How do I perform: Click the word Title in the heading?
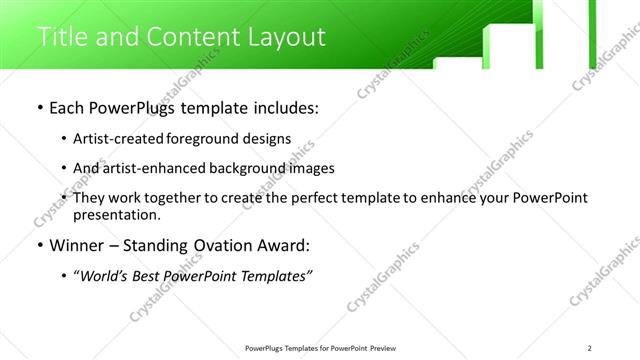coord(61,37)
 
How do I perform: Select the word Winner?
coord(78,245)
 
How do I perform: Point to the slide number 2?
coord(603,347)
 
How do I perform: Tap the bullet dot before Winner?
coord(39,245)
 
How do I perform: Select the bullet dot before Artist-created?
coord(65,139)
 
